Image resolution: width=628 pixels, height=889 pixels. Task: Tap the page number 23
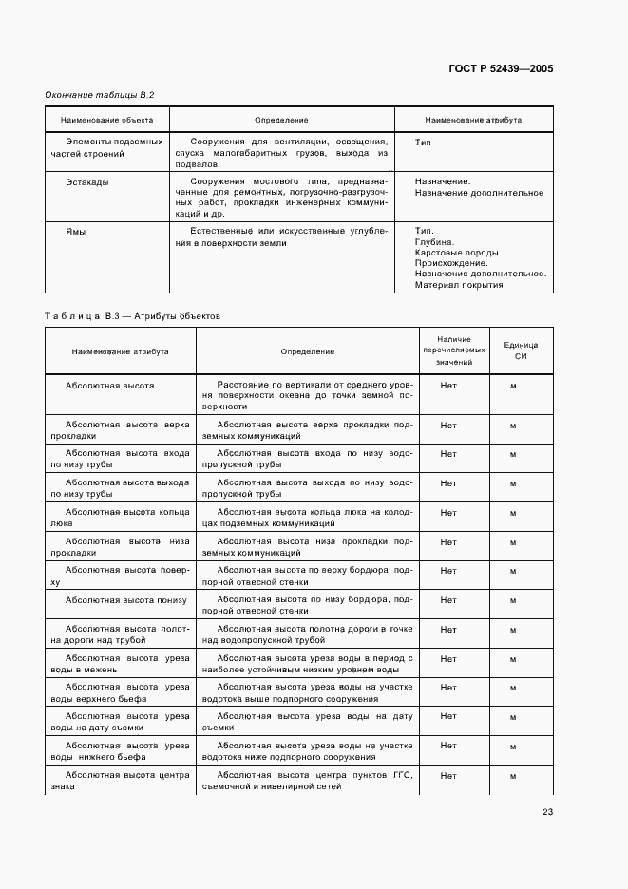click(547, 811)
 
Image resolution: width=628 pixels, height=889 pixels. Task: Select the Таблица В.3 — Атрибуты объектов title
click(132, 315)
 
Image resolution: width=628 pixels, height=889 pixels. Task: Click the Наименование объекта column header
click(101, 121)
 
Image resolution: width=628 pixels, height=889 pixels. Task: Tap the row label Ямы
click(75, 231)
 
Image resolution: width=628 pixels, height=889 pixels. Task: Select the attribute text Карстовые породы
click(458, 253)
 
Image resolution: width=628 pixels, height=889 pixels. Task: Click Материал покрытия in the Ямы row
click(459, 284)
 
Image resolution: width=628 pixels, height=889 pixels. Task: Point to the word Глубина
click(435, 242)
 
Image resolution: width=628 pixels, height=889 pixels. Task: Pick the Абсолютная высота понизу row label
click(125, 600)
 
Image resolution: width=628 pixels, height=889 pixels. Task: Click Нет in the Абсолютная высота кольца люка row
click(448, 513)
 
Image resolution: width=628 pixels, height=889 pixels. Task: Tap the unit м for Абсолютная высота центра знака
click(513, 776)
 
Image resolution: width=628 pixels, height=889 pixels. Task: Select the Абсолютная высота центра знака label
click(121, 782)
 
